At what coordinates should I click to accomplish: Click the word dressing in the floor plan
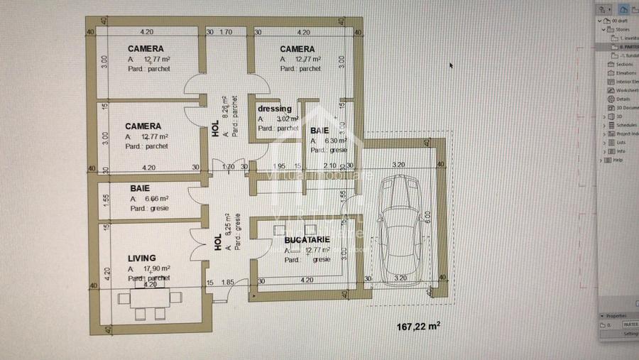coord(275,109)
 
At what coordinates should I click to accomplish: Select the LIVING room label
coord(141,258)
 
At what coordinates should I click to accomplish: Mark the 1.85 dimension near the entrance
coord(227,283)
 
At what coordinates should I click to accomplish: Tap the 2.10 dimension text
coord(331,166)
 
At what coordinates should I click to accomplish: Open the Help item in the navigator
coord(617,160)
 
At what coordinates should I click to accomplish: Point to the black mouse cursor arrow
coord(451,65)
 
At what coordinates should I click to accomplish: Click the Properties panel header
coord(616,316)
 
